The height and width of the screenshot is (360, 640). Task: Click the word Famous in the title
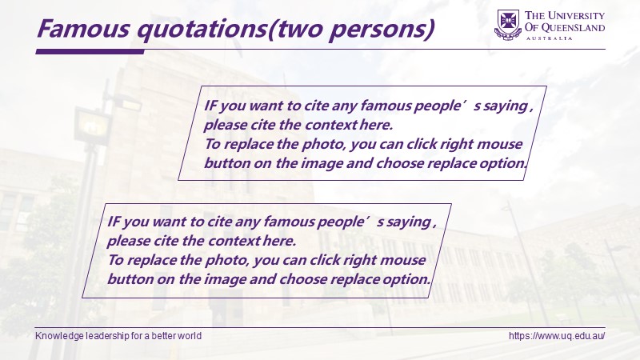point(84,28)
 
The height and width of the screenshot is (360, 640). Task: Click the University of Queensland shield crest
point(508,24)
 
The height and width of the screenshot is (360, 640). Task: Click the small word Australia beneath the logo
point(550,38)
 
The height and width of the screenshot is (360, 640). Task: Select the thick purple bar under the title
point(90,51)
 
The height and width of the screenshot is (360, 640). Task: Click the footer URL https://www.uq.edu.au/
point(557,336)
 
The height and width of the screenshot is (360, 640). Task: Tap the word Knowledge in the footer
point(54,336)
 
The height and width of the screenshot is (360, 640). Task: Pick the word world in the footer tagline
point(191,336)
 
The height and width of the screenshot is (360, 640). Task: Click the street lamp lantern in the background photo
point(92,125)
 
